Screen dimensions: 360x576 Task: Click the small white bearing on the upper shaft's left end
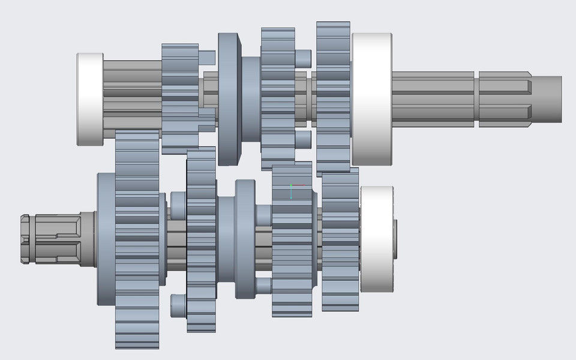click(89, 99)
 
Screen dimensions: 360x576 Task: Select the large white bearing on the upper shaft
click(371, 99)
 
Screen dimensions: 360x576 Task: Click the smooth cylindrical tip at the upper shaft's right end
click(548, 100)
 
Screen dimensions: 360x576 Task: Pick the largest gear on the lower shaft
click(137, 240)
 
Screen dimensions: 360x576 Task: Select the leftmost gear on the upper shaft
click(180, 96)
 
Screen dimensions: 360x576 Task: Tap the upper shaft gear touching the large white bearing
click(333, 99)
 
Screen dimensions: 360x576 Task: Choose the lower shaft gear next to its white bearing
click(340, 240)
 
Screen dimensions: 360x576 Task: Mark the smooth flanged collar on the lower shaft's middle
click(245, 239)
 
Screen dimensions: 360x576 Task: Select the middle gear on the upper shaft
click(278, 99)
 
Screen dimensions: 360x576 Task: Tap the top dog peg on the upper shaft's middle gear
click(303, 58)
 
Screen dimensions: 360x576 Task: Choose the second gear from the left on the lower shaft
click(201, 240)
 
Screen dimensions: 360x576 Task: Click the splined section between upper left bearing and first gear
click(132, 96)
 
